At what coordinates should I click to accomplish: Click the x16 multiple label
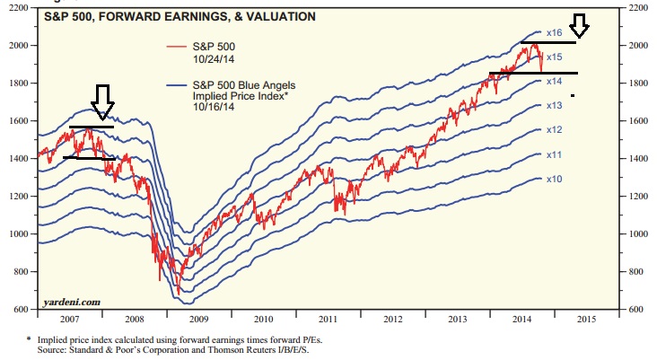tap(554, 33)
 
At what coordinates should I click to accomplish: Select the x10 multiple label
tap(554, 180)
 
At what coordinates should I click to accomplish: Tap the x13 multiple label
tap(554, 105)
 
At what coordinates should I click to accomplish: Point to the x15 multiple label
tap(554, 57)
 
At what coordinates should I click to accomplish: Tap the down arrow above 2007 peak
tap(103, 101)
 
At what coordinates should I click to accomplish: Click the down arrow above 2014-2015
tap(580, 25)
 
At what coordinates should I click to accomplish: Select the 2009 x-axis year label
tap(198, 319)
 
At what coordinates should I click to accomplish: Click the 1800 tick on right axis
tap(636, 83)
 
